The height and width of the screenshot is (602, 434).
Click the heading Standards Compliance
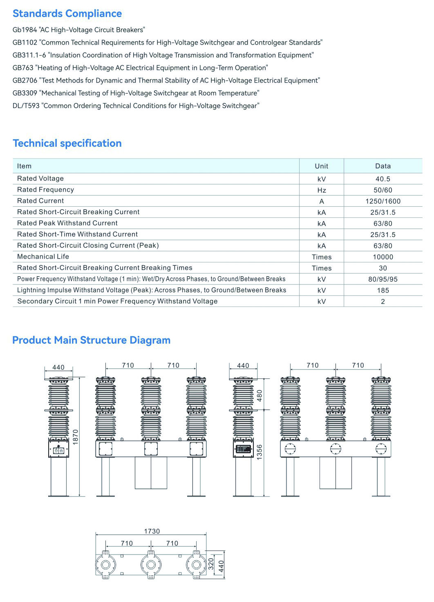pyautogui.click(x=67, y=13)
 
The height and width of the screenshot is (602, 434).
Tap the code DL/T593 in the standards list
pyautogui.click(x=26, y=106)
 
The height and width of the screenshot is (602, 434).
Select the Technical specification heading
pyautogui.click(x=67, y=143)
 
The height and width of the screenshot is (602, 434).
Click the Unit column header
pyautogui.click(x=321, y=166)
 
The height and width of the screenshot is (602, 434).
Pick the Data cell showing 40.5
pyautogui.click(x=383, y=179)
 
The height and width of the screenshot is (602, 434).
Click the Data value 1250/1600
pyautogui.click(x=383, y=201)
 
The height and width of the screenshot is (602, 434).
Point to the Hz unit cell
pyautogui.click(x=321, y=190)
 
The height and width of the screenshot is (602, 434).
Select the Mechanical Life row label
pyautogui.click(x=43, y=257)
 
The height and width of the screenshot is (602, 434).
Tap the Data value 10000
pyautogui.click(x=383, y=257)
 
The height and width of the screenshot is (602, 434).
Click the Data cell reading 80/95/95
pyautogui.click(x=383, y=279)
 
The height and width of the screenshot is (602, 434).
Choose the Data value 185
pyautogui.click(x=383, y=291)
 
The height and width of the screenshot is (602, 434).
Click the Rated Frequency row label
pyautogui.click(x=45, y=190)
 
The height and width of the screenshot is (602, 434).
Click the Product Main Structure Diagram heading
pyautogui.click(x=91, y=340)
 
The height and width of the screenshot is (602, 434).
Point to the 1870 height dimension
pyautogui.click(x=75, y=437)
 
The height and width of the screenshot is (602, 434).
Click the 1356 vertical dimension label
pyautogui.click(x=259, y=452)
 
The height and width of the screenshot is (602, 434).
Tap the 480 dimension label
pyautogui.click(x=259, y=396)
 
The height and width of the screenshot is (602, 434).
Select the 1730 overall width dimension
pyautogui.click(x=152, y=531)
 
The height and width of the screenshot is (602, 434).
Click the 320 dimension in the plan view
pyautogui.click(x=211, y=564)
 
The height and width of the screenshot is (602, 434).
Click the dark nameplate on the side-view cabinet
pyautogui.click(x=244, y=449)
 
